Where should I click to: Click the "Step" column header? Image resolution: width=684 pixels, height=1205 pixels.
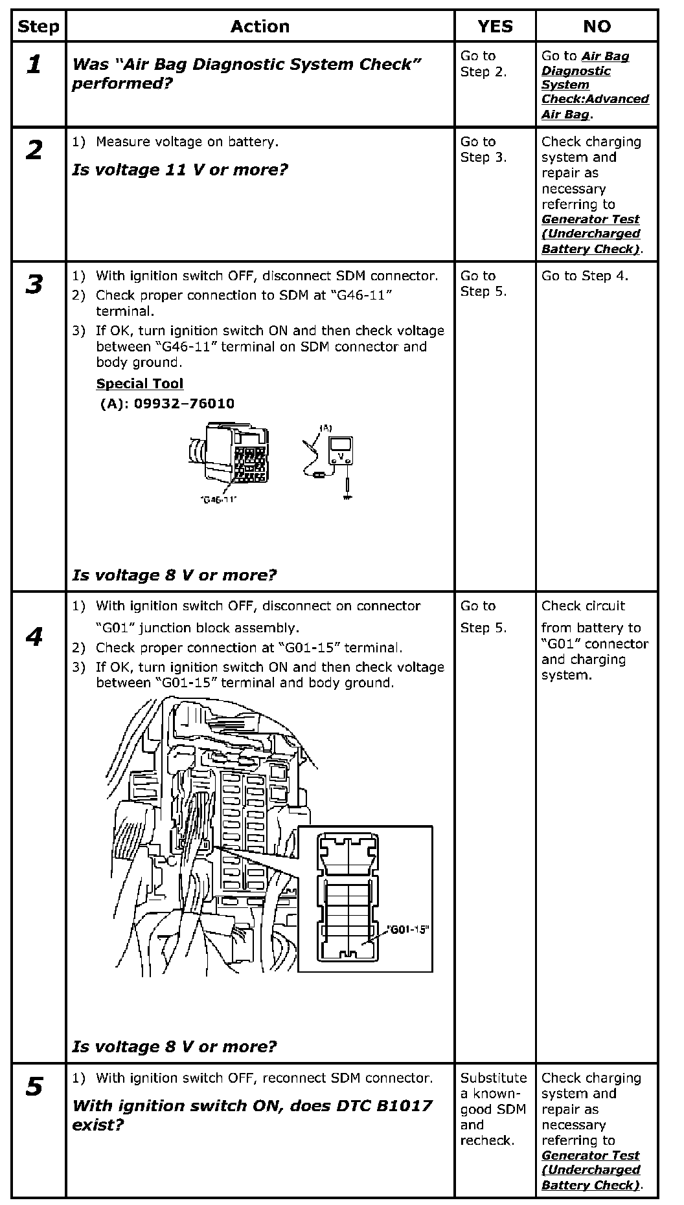pyautogui.click(x=38, y=27)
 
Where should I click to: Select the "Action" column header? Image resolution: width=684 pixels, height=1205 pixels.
pyautogui.click(x=260, y=27)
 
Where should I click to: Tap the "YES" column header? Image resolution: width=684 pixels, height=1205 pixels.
pyautogui.click(x=495, y=27)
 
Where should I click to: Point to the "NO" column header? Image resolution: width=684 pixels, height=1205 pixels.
pyautogui.click(x=597, y=27)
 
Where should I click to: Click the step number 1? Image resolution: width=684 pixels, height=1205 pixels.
pyautogui.click(x=34, y=64)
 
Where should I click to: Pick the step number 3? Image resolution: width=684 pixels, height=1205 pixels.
pyautogui.click(x=34, y=284)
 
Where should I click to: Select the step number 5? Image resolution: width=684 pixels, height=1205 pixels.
pyautogui.click(x=34, y=1087)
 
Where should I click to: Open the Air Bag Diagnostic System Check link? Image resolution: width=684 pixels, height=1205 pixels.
pyautogui.click(x=595, y=85)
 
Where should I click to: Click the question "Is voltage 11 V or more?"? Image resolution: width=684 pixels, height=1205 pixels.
pyautogui.click(x=179, y=170)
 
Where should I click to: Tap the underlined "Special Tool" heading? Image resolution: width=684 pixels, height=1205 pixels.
pyautogui.click(x=139, y=384)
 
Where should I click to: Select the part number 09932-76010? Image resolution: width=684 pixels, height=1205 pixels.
pyautogui.click(x=184, y=404)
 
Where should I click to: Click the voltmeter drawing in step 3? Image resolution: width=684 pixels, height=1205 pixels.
pyautogui.click(x=340, y=451)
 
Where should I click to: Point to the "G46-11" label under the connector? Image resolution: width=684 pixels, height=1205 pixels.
pyautogui.click(x=218, y=500)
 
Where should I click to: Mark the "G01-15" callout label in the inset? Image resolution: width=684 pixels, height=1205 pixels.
pyautogui.click(x=408, y=929)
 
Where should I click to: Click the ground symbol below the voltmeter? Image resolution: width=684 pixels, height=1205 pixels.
pyautogui.click(x=348, y=496)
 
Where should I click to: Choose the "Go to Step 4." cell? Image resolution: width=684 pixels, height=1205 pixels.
pyautogui.click(x=584, y=276)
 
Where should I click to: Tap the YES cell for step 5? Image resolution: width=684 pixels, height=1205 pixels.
pyautogui.click(x=494, y=1109)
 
